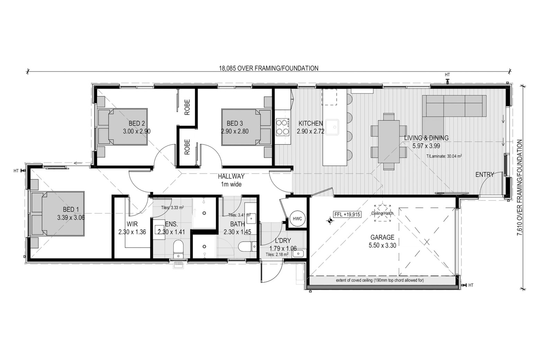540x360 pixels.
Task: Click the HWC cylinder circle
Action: tap(297, 219)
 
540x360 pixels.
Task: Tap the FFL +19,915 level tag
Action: tap(348, 214)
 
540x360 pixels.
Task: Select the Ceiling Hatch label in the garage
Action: tap(382, 213)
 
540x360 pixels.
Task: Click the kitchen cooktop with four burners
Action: tap(282, 127)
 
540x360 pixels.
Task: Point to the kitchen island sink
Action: tap(332, 127)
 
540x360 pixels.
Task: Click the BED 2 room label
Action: tap(137, 124)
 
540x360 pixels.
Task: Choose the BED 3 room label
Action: tap(235, 124)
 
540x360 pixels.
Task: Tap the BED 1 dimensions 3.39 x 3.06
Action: tap(71, 218)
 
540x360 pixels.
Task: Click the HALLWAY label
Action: tap(231, 177)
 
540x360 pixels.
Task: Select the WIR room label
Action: tap(132, 224)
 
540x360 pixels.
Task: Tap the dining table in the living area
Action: tap(389, 142)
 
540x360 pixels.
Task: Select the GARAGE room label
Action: tap(382, 237)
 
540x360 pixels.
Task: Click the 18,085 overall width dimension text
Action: tap(269, 69)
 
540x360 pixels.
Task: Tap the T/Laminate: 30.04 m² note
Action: tap(444, 156)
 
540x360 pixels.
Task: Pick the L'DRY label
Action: tap(283, 240)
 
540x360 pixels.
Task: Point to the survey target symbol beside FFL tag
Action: tap(330, 220)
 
